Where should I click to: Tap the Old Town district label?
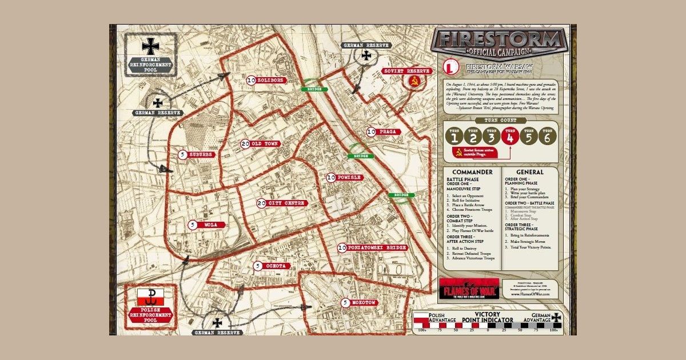264,143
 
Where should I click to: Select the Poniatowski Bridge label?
376,247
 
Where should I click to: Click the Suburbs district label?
201,154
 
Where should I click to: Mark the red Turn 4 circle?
510,137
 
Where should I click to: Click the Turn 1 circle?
455,137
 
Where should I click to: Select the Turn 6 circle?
547,137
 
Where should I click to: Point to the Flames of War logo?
469,288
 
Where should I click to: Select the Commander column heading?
472,172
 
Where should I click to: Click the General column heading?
529,172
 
